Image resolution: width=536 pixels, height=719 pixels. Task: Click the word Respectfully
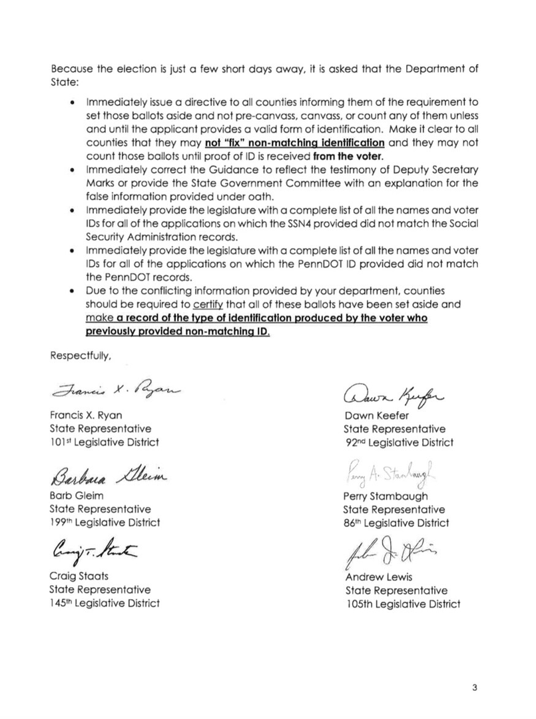[x=81, y=356]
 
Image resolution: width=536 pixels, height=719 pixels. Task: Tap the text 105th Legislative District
[x=402, y=604]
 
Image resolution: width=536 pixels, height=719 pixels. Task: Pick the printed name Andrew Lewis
[x=378, y=577]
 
